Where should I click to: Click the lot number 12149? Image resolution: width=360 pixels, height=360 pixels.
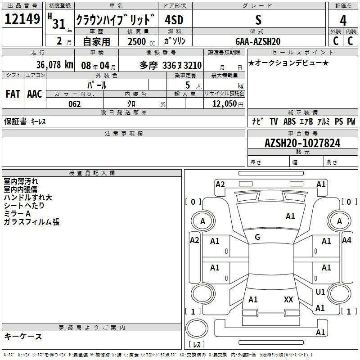tap(22, 19)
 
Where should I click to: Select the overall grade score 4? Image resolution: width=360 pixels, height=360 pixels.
tap(343, 21)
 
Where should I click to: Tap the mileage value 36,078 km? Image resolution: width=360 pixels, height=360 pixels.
tap(55, 65)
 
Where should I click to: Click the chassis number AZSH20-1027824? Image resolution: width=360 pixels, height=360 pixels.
tap(302, 143)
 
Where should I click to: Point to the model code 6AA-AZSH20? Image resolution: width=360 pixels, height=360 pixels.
tap(258, 41)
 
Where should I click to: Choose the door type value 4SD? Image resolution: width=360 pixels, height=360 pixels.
tap(174, 20)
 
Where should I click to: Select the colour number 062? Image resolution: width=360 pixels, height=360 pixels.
tap(75, 104)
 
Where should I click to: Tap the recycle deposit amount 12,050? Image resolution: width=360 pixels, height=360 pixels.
tap(225, 104)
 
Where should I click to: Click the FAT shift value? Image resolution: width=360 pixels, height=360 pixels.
tap(13, 94)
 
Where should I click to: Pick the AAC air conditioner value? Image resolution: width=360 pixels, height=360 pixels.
tap(35, 94)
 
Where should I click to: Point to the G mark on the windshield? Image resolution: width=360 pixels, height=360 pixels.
tap(257, 237)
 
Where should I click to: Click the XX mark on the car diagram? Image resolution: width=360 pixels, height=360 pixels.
tap(288, 299)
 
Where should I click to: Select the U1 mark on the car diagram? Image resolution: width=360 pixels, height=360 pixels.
tap(320, 292)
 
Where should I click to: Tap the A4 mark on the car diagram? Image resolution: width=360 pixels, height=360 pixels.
tap(346, 240)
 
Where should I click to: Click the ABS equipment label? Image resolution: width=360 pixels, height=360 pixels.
tap(289, 121)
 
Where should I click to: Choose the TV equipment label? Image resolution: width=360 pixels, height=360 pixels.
tap(274, 121)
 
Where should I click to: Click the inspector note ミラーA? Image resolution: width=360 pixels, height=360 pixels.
tap(17, 214)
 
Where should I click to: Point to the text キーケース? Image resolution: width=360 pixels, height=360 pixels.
tap(23, 336)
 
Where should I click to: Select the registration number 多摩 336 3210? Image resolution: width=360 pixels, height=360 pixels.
tap(171, 66)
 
